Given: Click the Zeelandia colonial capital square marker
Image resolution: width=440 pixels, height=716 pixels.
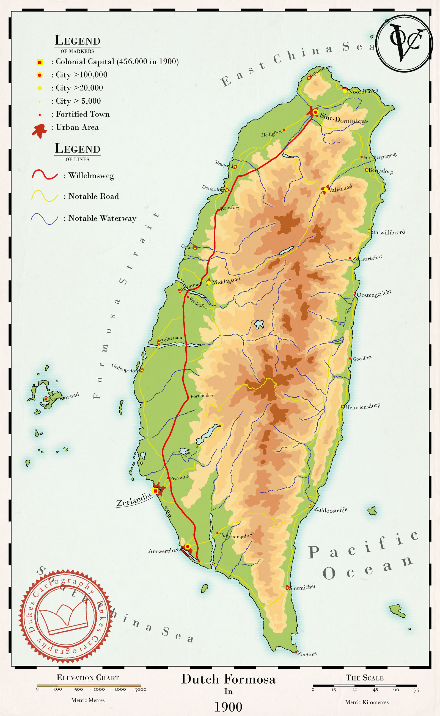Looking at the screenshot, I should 155,491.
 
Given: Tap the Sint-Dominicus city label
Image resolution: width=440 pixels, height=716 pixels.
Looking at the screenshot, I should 344,118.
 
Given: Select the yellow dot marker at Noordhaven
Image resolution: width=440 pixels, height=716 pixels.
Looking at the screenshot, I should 345,91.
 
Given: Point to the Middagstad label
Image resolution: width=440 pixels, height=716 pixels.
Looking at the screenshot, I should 226,281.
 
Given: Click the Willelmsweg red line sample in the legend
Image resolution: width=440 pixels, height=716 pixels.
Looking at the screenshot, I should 45,175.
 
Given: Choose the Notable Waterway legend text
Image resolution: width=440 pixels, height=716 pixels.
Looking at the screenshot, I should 102,219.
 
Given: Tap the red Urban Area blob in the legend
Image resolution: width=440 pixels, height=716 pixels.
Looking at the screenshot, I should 39,131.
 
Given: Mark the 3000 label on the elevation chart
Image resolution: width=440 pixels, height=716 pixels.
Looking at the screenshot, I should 141,689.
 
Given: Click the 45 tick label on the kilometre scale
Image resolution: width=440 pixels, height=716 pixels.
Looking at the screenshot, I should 375,690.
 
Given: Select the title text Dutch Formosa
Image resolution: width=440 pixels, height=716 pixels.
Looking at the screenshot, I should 228,679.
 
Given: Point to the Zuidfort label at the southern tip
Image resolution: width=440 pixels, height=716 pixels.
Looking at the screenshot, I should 307,654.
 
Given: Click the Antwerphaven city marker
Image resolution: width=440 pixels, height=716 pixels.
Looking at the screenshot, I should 188,547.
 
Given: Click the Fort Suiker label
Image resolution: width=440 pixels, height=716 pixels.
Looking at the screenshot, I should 202,396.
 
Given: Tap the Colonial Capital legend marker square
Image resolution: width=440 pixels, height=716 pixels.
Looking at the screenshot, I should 40,62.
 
